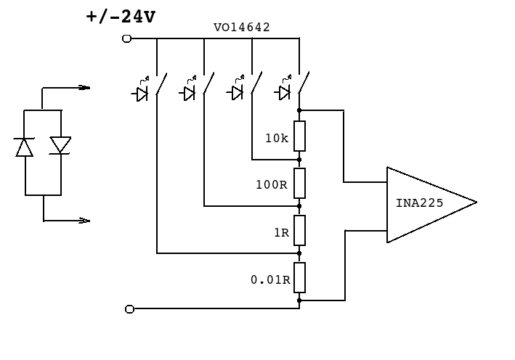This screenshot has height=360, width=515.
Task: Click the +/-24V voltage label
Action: click(x=121, y=17)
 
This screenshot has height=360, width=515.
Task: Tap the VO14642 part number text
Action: click(x=242, y=28)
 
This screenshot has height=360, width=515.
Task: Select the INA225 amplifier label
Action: click(x=419, y=203)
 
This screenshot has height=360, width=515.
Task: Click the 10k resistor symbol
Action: click(x=299, y=136)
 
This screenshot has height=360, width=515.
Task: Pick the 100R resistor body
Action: click(x=299, y=183)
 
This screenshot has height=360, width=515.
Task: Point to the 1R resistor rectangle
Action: click(x=299, y=230)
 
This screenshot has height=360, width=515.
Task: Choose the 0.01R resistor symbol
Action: click(x=299, y=277)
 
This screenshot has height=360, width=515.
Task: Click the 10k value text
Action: click(x=277, y=138)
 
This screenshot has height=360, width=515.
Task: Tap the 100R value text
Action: click(x=272, y=185)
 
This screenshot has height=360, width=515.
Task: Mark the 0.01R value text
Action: click(x=270, y=280)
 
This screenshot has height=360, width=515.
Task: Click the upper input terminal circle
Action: click(x=127, y=38)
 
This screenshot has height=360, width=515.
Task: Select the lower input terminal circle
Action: click(x=130, y=309)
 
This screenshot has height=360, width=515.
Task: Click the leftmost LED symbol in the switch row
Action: click(x=141, y=89)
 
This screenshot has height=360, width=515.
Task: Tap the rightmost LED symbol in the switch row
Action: click(x=283, y=89)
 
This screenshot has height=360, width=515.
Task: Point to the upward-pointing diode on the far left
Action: click(x=24, y=147)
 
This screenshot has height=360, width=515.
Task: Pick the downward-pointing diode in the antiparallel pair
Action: click(x=60, y=145)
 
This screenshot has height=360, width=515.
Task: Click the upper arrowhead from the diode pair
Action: click(x=84, y=88)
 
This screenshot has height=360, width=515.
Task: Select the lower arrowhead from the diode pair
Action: click(x=84, y=221)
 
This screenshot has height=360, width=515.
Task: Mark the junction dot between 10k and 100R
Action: click(x=299, y=160)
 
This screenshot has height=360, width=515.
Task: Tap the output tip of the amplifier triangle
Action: click(x=477, y=202)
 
